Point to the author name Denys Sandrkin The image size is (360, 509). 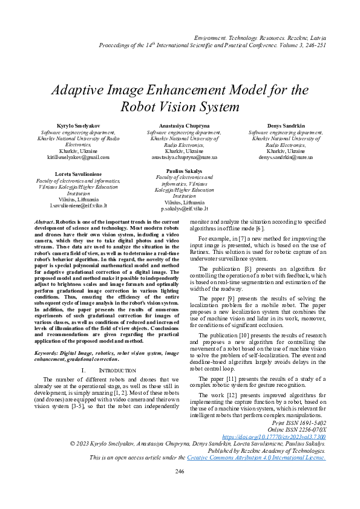[286, 125]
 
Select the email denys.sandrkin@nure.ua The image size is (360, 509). [286, 157]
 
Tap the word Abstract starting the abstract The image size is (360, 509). [44, 222]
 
